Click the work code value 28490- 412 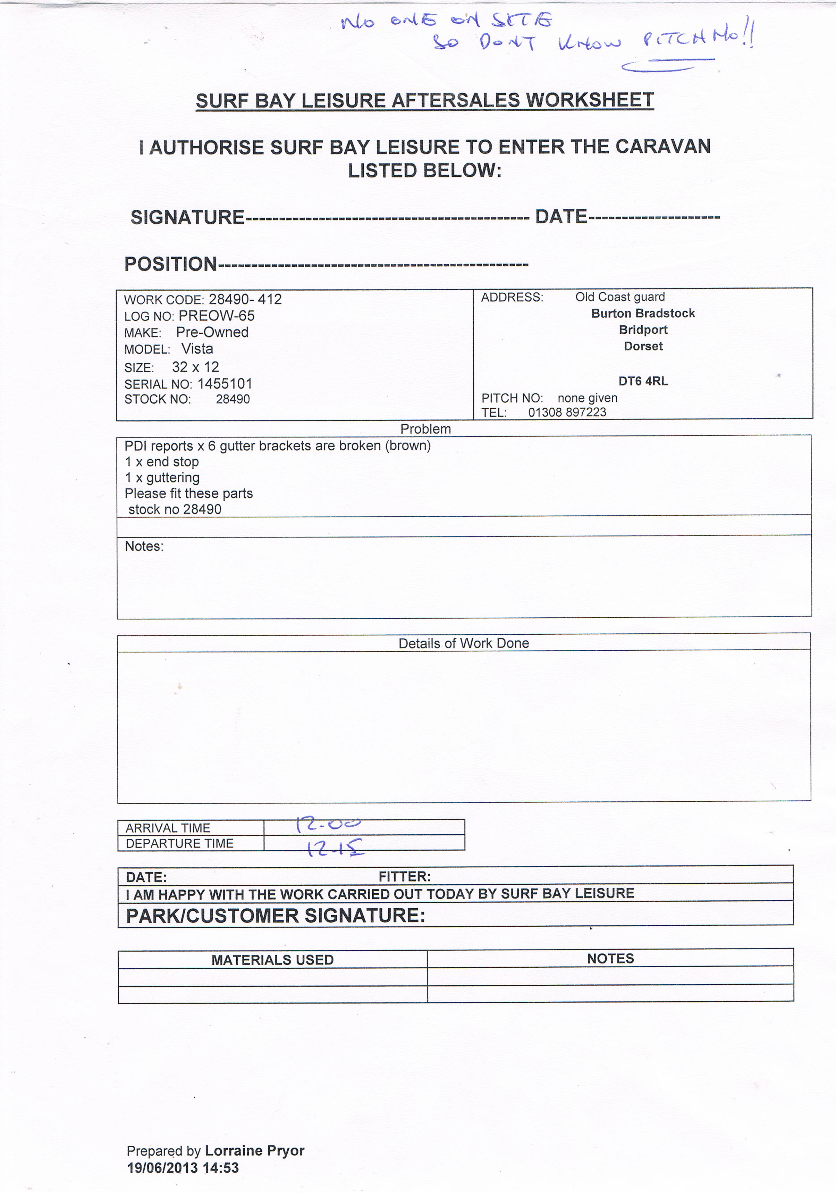pos(245,299)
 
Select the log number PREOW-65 pos(217,316)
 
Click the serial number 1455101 pos(225,384)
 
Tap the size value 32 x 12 pos(195,367)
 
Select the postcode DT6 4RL pos(643,381)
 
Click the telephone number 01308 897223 pos(567,412)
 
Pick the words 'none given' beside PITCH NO pos(587,398)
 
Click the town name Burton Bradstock pos(643,313)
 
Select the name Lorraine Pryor pos(254,1150)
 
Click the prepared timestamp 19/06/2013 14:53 pos(183,1168)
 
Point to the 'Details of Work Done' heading pos(464,643)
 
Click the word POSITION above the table pos(170,264)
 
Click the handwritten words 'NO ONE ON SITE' pos(447,21)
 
